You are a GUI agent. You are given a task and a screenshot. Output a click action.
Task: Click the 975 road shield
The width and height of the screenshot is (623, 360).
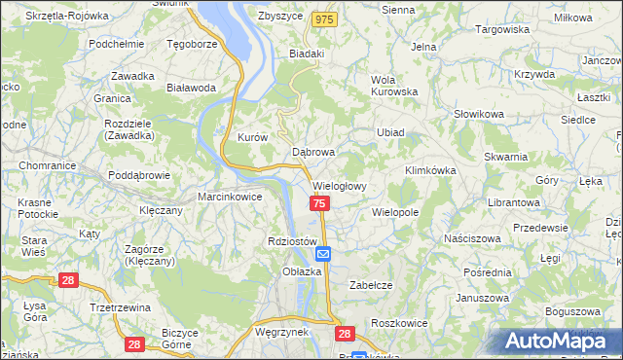(325, 19)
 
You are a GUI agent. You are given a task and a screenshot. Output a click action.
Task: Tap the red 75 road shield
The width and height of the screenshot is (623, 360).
(320, 202)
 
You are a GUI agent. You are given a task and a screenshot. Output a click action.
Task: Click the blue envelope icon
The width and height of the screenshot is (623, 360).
(323, 254)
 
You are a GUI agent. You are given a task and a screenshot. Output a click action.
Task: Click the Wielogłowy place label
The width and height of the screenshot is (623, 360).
(340, 186)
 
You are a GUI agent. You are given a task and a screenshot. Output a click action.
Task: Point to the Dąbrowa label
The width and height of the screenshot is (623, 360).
(313, 152)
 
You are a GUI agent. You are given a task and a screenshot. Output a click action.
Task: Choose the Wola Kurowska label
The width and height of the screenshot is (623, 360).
(393, 87)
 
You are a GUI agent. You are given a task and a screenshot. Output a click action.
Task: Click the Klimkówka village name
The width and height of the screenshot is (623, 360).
(430, 170)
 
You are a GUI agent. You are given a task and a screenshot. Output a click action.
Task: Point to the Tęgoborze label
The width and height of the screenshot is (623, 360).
(192, 44)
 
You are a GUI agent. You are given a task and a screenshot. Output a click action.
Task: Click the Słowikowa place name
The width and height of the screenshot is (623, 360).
(478, 114)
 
